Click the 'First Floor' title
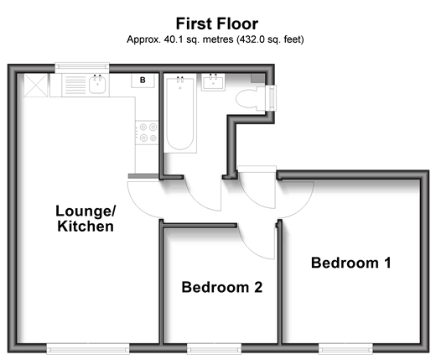(x=217, y=23)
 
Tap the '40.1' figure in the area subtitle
(x=174, y=39)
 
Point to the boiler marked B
(x=143, y=81)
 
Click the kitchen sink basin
(x=97, y=85)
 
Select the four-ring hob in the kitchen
(x=147, y=133)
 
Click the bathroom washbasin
(x=213, y=82)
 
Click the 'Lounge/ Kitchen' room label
(x=86, y=218)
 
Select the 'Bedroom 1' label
(x=351, y=263)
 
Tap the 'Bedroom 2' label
(x=222, y=287)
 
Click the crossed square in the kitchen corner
(x=36, y=86)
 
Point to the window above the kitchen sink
(x=82, y=66)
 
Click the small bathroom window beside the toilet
(x=272, y=98)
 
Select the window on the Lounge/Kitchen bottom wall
(x=88, y=349)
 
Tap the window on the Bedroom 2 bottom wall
(x=214, y=349)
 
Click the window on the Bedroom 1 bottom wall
(x=345, y=349)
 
